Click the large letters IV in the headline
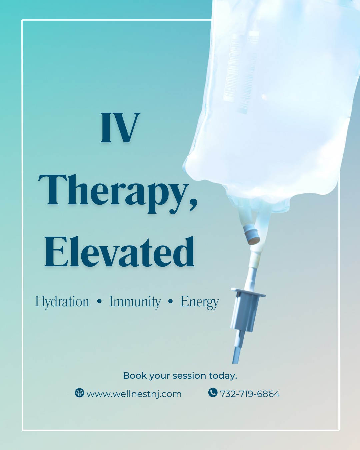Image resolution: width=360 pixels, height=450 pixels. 120,128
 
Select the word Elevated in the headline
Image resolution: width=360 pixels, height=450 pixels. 119,252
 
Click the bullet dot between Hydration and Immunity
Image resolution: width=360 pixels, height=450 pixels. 100,301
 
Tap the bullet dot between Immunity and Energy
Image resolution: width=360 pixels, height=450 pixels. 171,301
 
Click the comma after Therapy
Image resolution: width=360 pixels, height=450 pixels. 194,205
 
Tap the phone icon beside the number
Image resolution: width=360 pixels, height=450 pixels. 213,392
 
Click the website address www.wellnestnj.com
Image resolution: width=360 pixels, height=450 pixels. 134,394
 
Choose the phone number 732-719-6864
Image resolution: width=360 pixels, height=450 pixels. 250,394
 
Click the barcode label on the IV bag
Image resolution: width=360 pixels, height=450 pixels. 241,72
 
